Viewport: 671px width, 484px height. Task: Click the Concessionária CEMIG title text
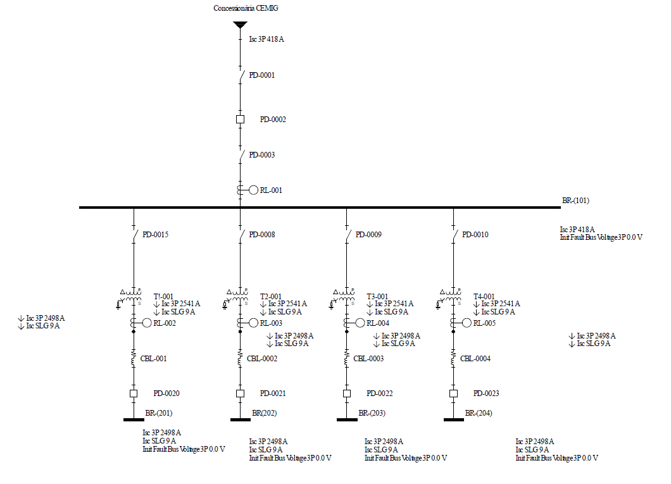click(x=246, y=8)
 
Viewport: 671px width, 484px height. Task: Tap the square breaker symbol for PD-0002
click(x=240, y=119)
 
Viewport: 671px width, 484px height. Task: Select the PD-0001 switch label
click(x=261, y=75)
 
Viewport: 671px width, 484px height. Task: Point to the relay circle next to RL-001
click(x=253, y=190)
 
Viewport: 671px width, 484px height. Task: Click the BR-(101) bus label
click(x=575, y=201)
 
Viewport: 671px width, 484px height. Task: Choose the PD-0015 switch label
click(x=155, y=235)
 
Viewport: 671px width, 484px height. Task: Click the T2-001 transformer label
click(x=271, y=296)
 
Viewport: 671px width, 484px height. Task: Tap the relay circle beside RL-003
click(x=253, y=323)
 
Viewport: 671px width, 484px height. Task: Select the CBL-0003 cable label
click(x=368, y=359)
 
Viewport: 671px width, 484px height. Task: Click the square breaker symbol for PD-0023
click(x=453, y=394)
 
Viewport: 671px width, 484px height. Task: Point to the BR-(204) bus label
click(x=479, y=414)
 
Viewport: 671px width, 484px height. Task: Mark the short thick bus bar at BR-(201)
click(x=134, y=419)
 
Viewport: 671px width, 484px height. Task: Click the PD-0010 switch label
click(x=475, y=235)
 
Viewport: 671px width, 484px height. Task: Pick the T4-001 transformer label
click(x=484, y=296)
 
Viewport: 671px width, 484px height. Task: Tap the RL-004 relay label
click(x=378, y=323)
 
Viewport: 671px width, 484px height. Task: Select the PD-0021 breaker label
click(x=273, y=394)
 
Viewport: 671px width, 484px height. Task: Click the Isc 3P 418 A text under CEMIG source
click(x=266, y=39)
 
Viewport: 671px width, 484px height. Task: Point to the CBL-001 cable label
click(x=153, y=359)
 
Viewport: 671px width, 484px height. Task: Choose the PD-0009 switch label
click(x=368, y=235)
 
